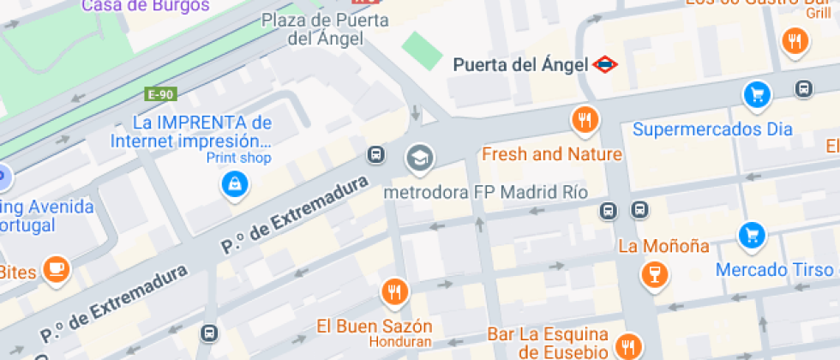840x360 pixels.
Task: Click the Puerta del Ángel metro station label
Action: coord(520,64)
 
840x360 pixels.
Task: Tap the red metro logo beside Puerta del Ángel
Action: coord(604,64)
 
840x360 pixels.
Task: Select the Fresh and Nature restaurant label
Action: coord(551,154)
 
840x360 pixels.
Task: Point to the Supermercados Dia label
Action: coord(712,130)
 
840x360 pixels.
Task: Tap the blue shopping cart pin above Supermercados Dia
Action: coord(756,94)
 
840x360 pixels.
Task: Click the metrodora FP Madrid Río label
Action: coord(485,192)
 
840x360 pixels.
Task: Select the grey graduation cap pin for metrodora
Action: coord(420,157)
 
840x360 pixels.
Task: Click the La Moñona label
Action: coord(663,247)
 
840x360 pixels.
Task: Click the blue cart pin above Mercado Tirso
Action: coord(752,234)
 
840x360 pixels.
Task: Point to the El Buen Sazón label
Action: coord(375,327)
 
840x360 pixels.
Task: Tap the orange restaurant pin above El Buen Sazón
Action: coord(393,292)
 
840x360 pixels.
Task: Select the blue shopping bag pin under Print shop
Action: coord(233,183)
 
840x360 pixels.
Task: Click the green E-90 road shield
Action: coord(160,94)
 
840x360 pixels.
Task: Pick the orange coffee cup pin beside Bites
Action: coord(57,268)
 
